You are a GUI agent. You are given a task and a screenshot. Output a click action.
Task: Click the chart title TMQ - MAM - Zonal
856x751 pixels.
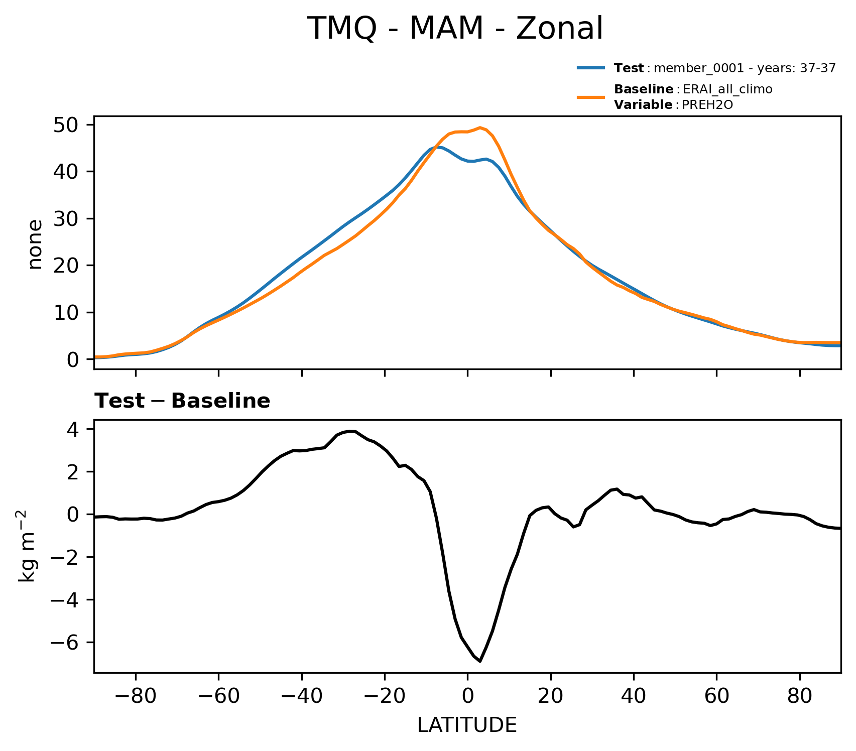455,29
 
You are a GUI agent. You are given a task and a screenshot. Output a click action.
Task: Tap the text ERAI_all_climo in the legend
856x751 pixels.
727,89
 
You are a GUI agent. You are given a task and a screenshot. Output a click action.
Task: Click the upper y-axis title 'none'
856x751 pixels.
36,244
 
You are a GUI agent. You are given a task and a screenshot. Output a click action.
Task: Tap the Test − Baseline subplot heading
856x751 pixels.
183,401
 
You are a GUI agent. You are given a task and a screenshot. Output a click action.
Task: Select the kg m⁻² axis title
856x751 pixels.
28,546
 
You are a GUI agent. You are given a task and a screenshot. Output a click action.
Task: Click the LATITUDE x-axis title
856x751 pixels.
467,725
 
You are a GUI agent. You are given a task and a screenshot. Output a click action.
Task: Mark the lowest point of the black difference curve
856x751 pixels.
480,661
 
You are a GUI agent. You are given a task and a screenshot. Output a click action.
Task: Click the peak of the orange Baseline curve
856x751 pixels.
480,128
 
